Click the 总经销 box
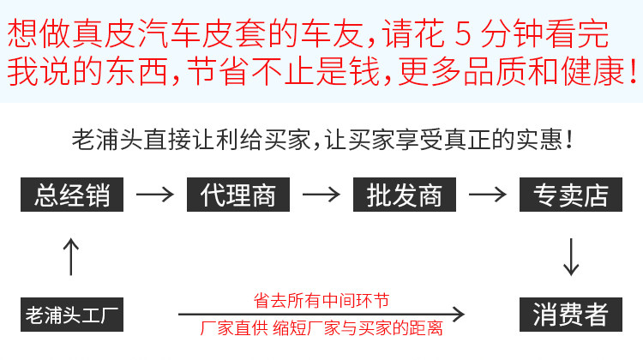(x=72, y=195)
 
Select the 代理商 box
(x=238, y=195)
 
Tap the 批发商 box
(x=404, y=195)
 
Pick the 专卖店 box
(x=570, y=195)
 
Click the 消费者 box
(x=570, y=314)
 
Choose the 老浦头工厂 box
(x=72, y=314)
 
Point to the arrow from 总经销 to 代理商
(x=154, y=195)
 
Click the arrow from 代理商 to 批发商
(x=321, y=195)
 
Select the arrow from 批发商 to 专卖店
(x=487, y=195)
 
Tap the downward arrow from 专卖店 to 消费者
(x=571, y=255)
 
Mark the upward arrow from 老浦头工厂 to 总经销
(x=72, y=255)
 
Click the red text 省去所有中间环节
(x=321, y=300)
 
